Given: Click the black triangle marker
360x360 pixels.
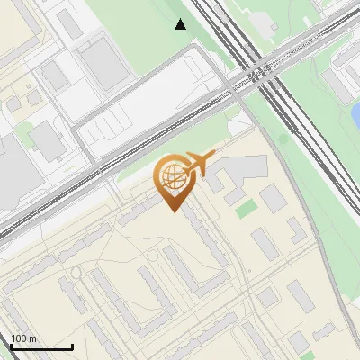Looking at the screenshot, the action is pos(181,24).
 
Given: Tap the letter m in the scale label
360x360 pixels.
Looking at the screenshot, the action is pos(32,338).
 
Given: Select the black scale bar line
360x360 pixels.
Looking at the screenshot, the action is pos(41,347).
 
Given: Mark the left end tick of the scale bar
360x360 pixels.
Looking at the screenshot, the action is pos(11,346).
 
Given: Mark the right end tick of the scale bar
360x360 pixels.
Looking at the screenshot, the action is pos(72,346).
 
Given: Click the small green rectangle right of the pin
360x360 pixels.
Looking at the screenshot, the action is pos(246,209).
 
